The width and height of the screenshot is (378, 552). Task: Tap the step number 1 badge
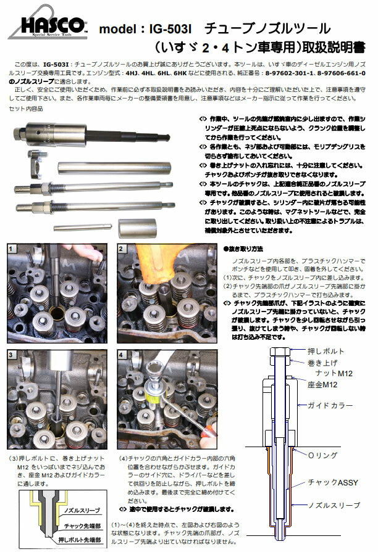[x=12, y=249]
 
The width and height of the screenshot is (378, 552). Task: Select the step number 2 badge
[x=122, y=249]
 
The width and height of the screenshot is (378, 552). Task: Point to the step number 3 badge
[x=12, y=355]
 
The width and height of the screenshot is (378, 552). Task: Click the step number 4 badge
[x=122, y=355]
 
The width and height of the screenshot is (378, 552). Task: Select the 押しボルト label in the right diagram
[x=322, y=351]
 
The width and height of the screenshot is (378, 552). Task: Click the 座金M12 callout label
[x=323, y=384]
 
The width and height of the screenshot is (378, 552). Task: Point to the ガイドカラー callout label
[x=330, y=405]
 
